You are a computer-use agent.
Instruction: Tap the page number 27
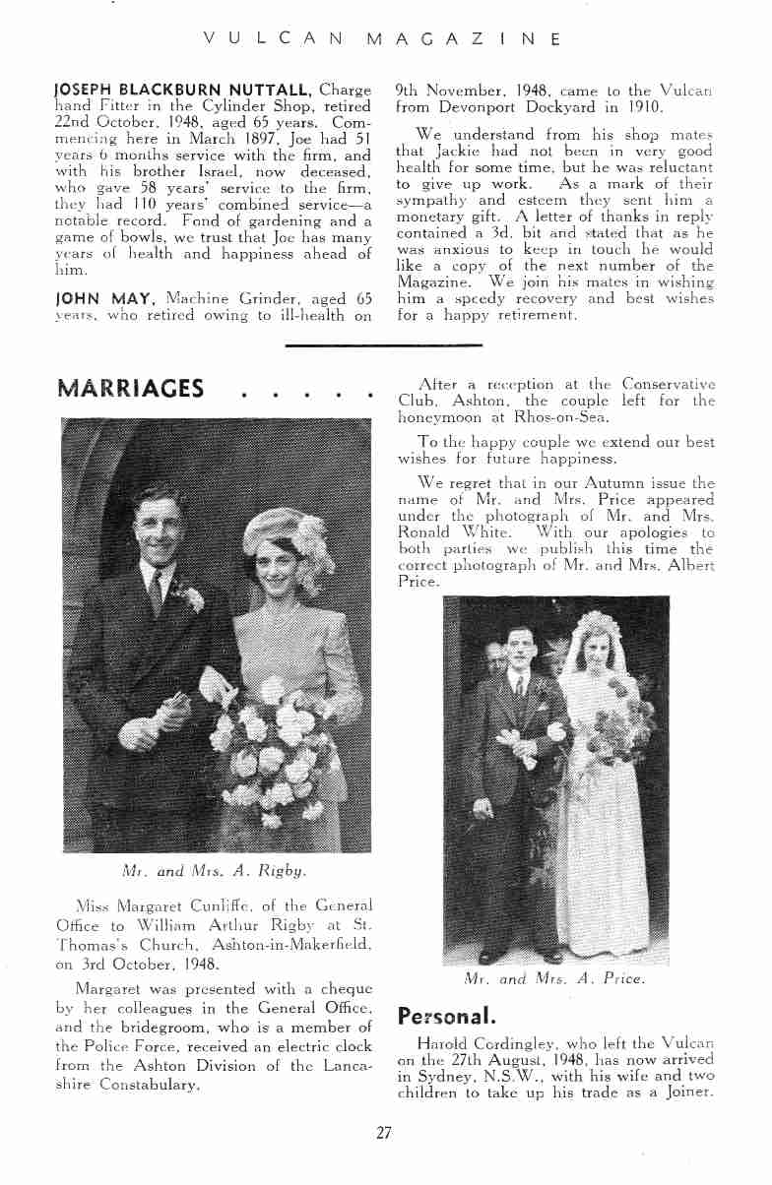[x=384, y=1133]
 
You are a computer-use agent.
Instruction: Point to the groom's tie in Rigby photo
[x=156, y=591]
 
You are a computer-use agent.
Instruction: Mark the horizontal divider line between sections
[x=383, y=345]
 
